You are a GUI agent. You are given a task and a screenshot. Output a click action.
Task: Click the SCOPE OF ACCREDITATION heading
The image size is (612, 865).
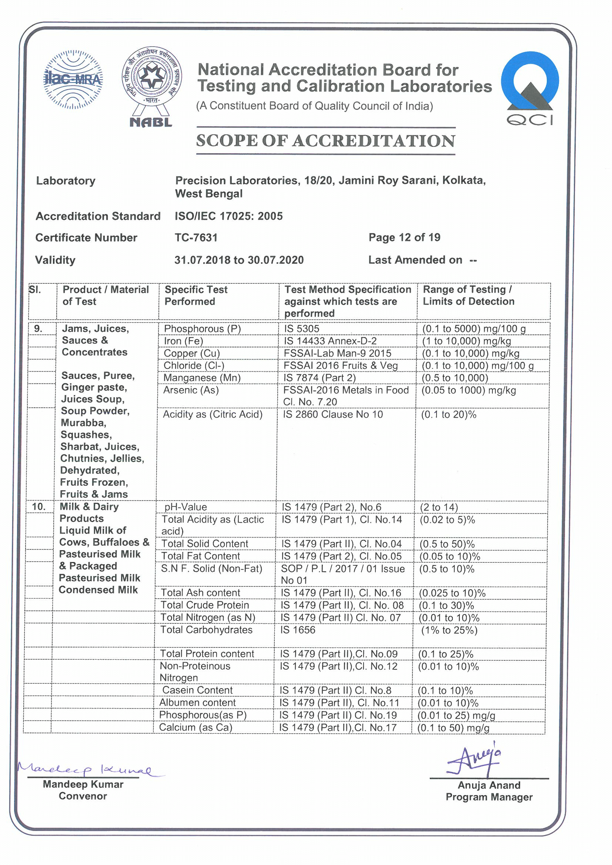point(325,141)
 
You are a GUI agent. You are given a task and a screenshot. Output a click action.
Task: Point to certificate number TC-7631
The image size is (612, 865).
point(196,238)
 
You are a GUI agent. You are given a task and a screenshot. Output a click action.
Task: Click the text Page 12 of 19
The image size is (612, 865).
point(404,238)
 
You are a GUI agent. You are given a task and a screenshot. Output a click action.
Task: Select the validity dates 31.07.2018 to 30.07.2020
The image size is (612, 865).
point(239,260)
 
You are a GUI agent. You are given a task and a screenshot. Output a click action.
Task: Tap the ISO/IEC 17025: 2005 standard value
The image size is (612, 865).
point(228,216)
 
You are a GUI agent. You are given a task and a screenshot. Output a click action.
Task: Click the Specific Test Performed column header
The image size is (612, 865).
point(196,295)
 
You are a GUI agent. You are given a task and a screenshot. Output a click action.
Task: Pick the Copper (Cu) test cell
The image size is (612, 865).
point(191,353)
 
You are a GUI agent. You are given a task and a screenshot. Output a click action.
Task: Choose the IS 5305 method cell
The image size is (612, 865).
point(302,329)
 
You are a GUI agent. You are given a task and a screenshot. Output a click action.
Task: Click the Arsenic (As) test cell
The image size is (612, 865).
point(191,390)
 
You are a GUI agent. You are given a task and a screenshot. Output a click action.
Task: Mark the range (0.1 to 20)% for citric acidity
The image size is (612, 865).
point(449,414)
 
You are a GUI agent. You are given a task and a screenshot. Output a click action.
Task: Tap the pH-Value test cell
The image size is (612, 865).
point(185,507)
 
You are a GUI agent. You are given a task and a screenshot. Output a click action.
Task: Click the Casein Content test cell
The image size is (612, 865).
point(197,690)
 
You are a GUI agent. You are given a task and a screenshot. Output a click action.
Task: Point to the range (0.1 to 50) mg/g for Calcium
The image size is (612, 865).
point(453,728)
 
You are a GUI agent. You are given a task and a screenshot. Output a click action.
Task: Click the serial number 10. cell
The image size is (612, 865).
point(39,507)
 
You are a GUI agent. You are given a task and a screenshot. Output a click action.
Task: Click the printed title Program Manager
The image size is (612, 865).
point(489,797)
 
